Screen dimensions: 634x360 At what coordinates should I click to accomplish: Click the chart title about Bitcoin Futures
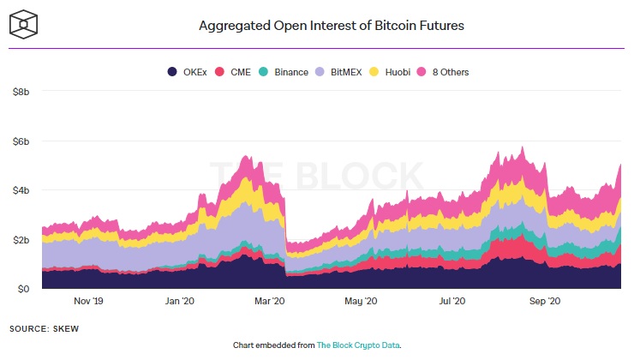pyautogui.click(x=332, y=26)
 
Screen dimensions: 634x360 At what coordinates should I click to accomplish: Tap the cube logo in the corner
pyautogui.click(x=23, y=24)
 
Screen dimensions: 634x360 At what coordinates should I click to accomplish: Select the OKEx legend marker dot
pyautogui.click(x=172, y=72)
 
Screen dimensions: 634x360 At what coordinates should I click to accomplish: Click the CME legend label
pyautogui.click(x=241, y=72)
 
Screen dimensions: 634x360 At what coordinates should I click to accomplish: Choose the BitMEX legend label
pyautogui.click(x=346, y=72)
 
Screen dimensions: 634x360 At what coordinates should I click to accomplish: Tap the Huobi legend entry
pyautogui.click(x=390, y=72)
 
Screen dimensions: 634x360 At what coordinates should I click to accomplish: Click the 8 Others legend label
pyautogui.click(x=451, y=72)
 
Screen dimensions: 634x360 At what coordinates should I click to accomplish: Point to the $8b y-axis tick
pyautogui.click(x=21, y=92)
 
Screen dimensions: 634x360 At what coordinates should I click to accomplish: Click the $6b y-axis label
pyautogui.click(x=21, y=141)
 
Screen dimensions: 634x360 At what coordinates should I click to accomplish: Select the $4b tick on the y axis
pyautogui.click(x=21, y=190)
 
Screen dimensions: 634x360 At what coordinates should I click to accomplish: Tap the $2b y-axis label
pyautogui.click(x=21, y=240)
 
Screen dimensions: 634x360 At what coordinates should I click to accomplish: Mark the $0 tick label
pyautogui.click(x=23, y=289)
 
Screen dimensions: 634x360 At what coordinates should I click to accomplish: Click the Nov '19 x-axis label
pyautogui.click(x=88, y=301)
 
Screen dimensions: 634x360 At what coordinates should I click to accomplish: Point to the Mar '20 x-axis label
pyautogui.click(x=270, y=301)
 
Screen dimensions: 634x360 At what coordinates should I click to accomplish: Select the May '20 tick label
pyautogui.click(x=361, y=301)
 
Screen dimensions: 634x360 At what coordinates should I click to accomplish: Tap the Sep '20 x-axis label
pyautogui.click(x=545, y=301)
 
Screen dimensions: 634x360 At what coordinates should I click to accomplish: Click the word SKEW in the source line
pyautogui.click(x=66, y=329)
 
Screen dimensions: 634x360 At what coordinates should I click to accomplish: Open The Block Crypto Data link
pyautogui.click(x=358, y=345)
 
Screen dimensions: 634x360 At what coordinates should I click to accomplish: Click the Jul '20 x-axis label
pyautogui.click(x=452, y=301)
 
